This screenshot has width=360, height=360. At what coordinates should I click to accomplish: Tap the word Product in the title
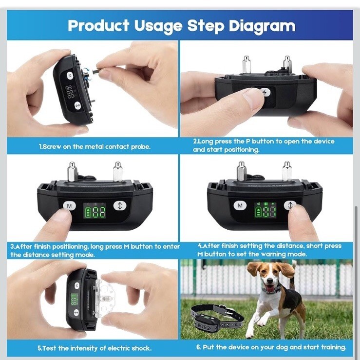click(x=98, y=25)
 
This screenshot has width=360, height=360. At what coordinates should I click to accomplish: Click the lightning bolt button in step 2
click(x=266, y=92)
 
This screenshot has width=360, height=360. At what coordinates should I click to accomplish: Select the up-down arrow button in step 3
click(x=120, y=205)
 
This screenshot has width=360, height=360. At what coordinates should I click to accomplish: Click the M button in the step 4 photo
click(x=240, y=205)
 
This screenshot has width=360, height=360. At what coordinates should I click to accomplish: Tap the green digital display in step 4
click(x=265, y=210)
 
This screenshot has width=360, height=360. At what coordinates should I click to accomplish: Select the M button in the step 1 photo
click(x=70, y=76)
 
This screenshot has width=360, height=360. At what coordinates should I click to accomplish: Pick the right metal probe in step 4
click(x=287, y=171)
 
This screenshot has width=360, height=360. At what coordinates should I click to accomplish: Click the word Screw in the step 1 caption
click(x=52, y=147)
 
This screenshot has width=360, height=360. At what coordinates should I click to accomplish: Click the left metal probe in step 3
click(x=72, y=172)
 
